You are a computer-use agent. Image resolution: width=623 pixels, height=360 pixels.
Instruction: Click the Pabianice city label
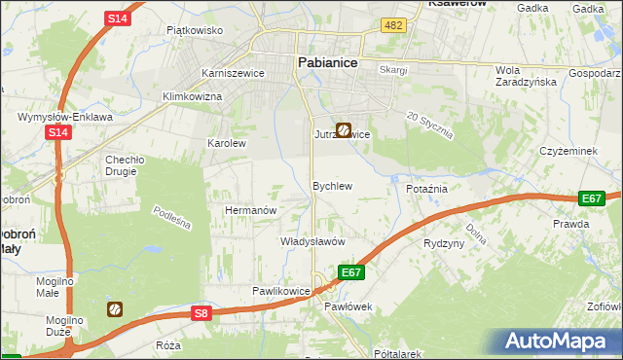[326, 63]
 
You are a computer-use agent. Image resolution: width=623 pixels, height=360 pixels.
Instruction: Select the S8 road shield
[201, 312]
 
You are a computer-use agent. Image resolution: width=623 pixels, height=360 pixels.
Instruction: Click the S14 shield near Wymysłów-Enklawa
[58, 132]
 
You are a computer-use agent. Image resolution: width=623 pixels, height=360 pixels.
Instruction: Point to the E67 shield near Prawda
[591, 198]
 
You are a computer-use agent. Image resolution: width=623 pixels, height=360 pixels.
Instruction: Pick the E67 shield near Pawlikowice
[351, 273]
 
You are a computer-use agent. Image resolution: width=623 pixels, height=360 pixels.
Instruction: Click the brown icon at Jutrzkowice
[344, 129]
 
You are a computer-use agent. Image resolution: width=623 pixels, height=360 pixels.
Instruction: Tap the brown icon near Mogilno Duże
[115, 309]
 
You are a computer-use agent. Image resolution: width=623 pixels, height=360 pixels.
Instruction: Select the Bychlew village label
[331, 185]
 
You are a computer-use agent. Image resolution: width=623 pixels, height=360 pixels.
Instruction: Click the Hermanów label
[252, 210]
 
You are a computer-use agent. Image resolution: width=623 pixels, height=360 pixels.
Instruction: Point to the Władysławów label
[312, 240]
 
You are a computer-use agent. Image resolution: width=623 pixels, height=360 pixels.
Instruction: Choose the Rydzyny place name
[444, 243]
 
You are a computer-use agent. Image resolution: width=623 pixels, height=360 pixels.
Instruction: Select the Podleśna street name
[171, 218]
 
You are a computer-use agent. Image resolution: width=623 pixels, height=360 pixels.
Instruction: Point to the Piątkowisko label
[195, 30]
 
